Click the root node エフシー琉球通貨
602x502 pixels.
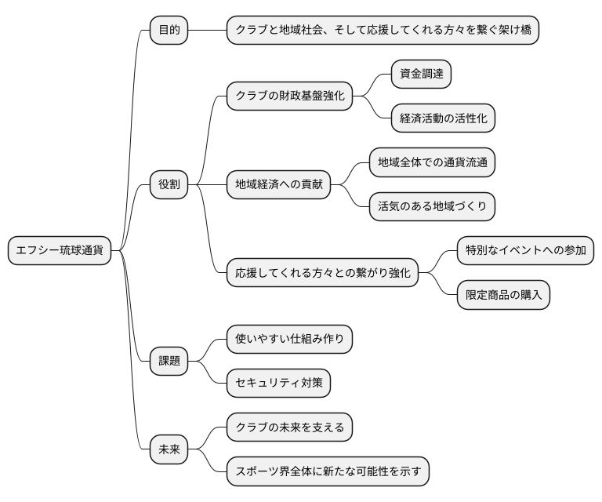coord(60,251)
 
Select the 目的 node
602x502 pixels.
coord(169,31)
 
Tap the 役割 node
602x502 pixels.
coord(169,185)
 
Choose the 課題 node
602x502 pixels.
coord(169,361)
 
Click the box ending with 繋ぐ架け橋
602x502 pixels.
coord(383,31)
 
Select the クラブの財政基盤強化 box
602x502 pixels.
coord(289,96)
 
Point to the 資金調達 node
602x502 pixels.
coord(421,75)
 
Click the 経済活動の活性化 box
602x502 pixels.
coord(443,118)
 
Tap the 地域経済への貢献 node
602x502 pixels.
coord(278,185)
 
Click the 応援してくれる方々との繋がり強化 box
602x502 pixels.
coord(322,273)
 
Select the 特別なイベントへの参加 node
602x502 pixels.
coord(525,251)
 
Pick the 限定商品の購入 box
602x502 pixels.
coord(502,295)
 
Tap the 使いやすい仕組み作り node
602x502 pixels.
coord(289,339)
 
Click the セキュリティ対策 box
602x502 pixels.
coord(278,383)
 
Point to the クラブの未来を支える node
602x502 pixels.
coord(289,427)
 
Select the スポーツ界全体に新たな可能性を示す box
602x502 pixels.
coord(328,471)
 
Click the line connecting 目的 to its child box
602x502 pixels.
coord(208,31)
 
